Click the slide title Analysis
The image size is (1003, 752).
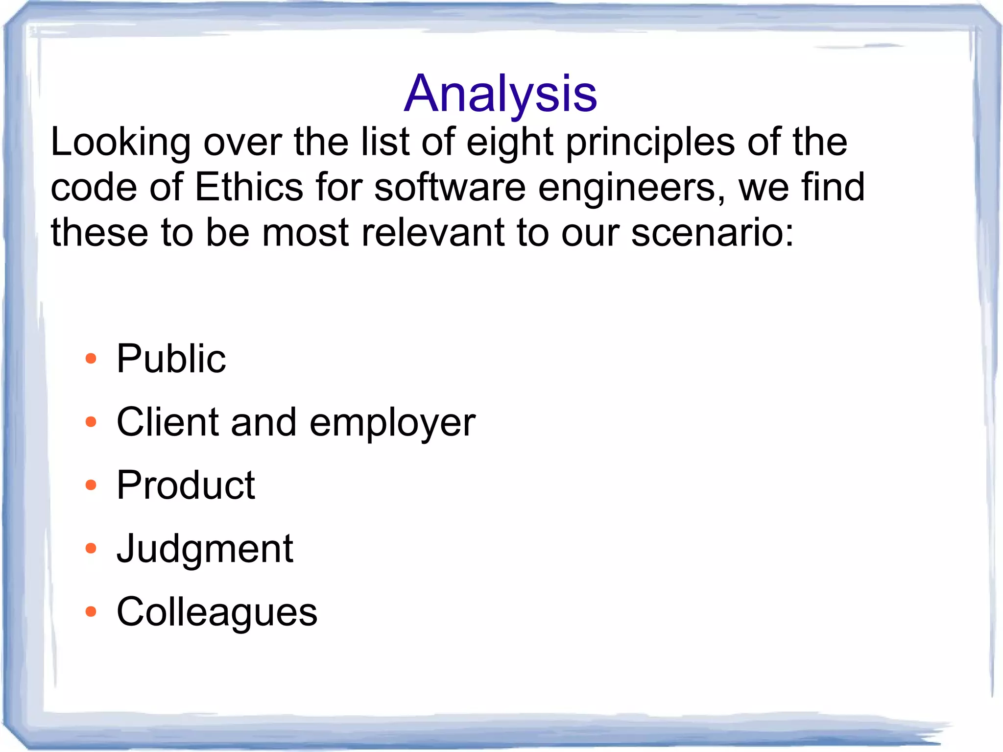tap(501, 94)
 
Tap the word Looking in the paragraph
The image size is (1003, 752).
tap(120, 143)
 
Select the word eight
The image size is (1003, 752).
tap(509, 143)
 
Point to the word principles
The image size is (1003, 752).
tap(650, 143)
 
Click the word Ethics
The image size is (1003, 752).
tap(249, 187)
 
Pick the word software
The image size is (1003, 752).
tap(450, 187)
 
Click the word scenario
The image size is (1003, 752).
tap(711, 232)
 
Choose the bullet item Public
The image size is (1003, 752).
tap(171, 359)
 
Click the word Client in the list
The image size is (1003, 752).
tap(167, 422)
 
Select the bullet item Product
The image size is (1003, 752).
tap(186, 485)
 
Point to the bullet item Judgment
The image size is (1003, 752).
tap(205, 549)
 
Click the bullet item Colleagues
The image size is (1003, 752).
tap(217, 612)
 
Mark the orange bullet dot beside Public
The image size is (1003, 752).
tap(91, 359)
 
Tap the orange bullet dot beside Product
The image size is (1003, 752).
tap(91, 485)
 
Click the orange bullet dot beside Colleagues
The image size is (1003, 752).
tap(91, 611)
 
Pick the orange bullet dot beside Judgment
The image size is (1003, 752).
tap(91, 548)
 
